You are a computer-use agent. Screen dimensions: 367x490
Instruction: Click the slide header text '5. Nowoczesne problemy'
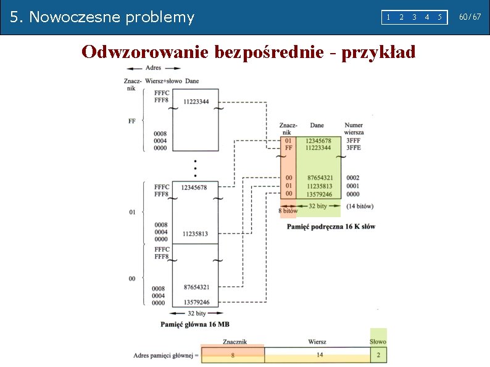[102, 17]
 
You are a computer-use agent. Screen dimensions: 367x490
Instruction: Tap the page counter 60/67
[470, 17]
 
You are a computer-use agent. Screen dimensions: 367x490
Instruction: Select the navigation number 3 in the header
[414, 17]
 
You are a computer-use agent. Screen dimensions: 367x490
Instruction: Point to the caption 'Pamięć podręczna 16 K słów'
[331, 226]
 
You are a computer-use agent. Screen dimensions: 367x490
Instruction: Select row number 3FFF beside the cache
[354, 141]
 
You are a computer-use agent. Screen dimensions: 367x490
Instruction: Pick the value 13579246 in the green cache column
[318, 194]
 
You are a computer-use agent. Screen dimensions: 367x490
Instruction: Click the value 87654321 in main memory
[196, 287]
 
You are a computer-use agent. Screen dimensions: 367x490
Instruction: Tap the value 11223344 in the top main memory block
[196, 101]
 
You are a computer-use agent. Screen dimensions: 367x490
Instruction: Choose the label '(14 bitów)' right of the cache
[360, 205]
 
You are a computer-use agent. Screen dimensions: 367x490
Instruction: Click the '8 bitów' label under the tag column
[288, 211]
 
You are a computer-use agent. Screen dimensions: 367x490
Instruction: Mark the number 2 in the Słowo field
[378, 355]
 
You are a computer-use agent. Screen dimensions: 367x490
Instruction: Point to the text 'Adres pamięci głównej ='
[166, 355]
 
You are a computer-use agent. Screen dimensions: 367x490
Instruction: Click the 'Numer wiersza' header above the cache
[354, 129]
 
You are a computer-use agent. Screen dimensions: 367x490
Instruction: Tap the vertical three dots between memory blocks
[196, 167]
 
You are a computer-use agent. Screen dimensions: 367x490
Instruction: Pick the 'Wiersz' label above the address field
[318, 342]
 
